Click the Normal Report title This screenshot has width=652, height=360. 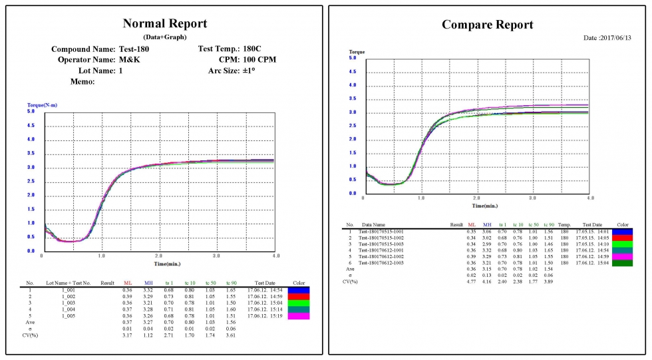[x=164, y=23]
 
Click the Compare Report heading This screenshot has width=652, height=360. [x=488, y=25]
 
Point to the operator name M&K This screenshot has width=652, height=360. [x=130, y=59]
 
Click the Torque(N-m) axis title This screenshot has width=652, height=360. [x=41, y=105]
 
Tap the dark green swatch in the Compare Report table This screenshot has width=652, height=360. [x=623, y=264]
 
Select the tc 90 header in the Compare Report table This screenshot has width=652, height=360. [x=548, y=225]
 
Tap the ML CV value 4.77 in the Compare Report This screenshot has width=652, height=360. [x=471, y=281]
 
